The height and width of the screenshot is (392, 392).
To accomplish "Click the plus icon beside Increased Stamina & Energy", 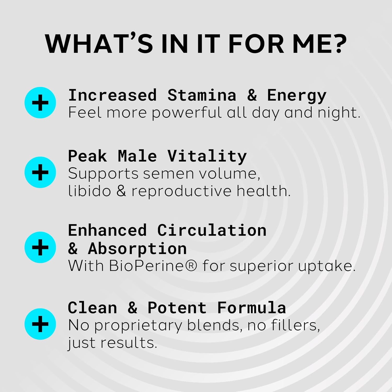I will coord(40,103).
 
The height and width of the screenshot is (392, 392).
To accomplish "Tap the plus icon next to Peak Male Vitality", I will coord(40,172).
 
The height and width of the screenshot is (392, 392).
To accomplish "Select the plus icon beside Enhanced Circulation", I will coord(40,247).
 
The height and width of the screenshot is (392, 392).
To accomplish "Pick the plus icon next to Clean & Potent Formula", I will coord(40,324).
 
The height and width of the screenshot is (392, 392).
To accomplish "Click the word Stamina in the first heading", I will coord(202,95).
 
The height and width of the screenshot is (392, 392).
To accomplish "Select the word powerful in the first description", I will coord(186,113).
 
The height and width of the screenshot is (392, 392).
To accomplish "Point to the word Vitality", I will coord(207,156).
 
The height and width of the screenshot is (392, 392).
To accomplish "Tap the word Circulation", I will coord(212,230).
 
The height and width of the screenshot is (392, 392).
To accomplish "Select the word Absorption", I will coord(137,249).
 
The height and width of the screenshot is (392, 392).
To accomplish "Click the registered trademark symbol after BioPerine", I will coord(192,266).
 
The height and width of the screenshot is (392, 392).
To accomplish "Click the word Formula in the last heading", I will coord(251,308).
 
